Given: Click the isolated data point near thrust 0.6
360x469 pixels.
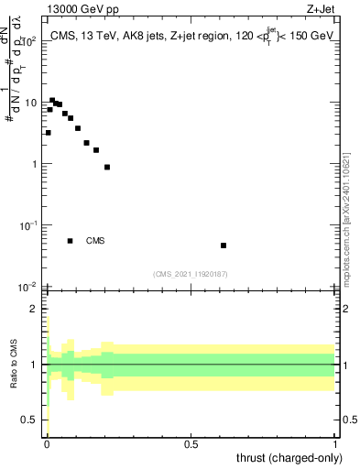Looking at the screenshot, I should coord(224,245).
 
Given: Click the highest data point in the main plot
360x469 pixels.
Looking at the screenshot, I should coord(52,100).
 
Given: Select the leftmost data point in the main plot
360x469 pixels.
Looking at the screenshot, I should coord(48,133).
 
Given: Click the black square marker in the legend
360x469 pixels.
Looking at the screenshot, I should coord(71,241).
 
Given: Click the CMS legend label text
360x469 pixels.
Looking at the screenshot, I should coord(95,241).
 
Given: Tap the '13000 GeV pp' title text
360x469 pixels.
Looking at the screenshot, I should coord(76,9).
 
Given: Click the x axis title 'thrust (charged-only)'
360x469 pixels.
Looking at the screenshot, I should coord(289,458).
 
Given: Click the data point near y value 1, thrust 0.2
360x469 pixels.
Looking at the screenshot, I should coord(107,167).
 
